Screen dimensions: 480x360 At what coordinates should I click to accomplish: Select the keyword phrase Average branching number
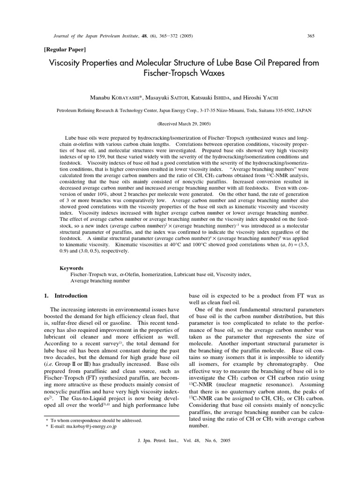(100, 281)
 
